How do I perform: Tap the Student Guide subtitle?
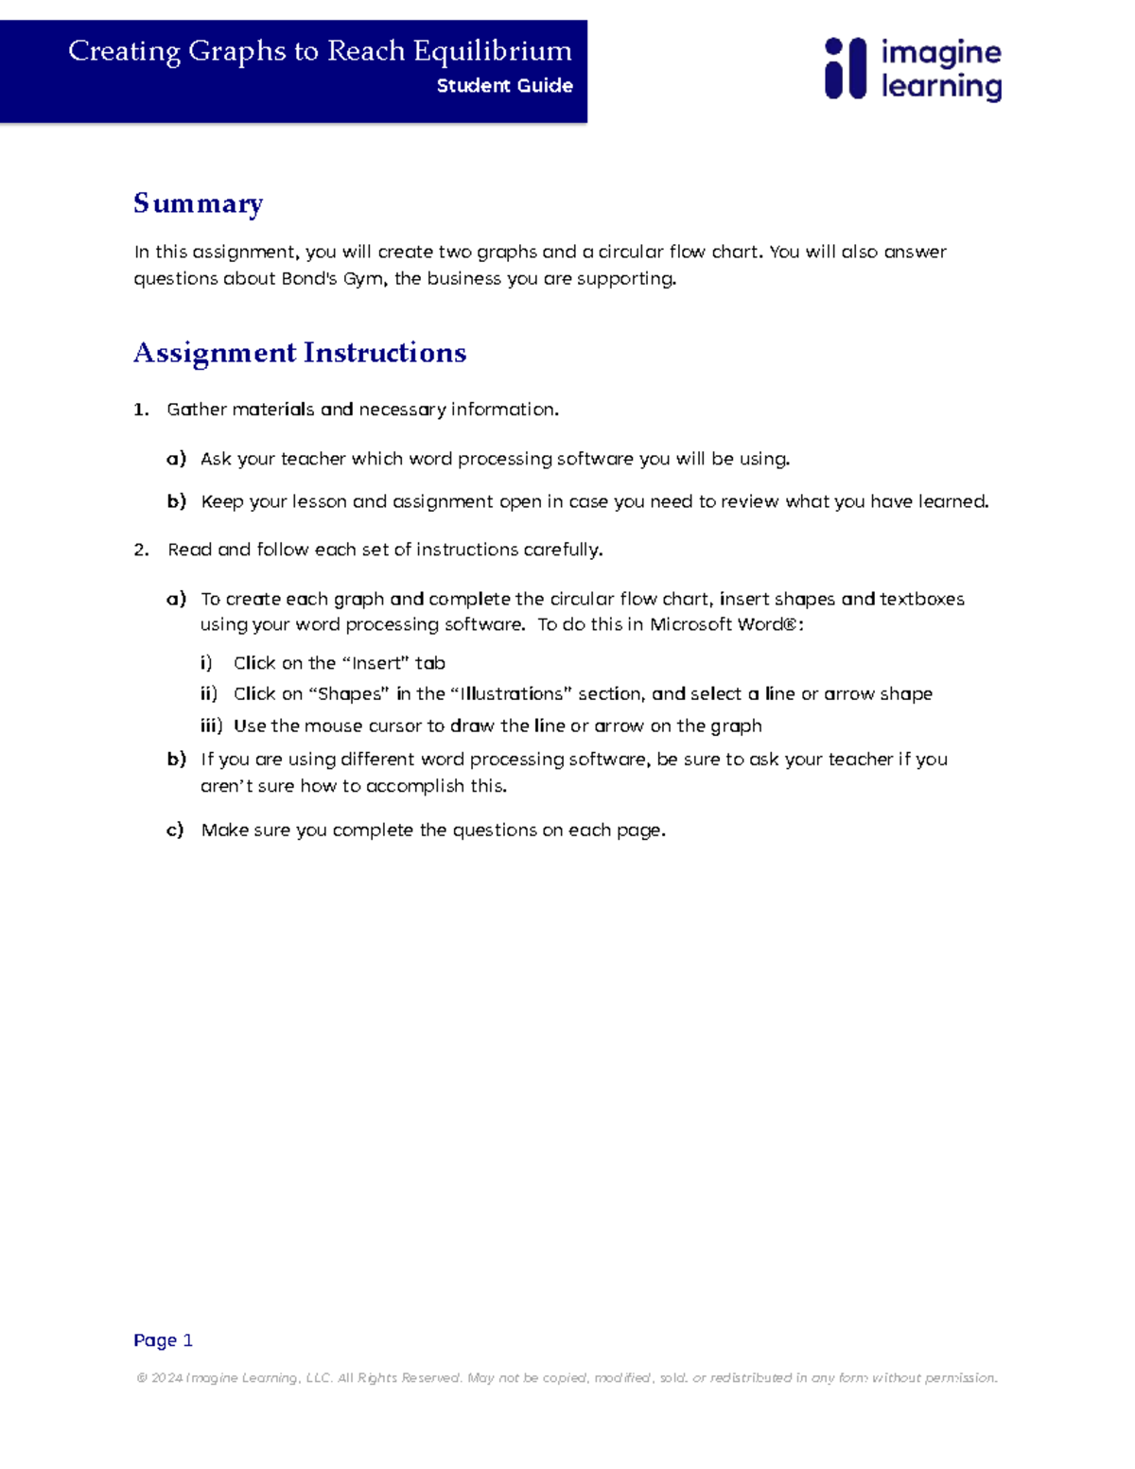[x=504, y=86]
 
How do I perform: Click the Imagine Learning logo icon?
[x=845, y=69]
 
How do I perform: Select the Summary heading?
[x=198, y=203]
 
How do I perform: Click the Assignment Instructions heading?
[x=300, y=353]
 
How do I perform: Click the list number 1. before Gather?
[x=141, y=410]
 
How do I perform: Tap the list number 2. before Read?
[x=141, y=550]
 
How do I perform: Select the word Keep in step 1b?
[x=222, y=501]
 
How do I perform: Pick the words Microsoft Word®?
[x=724, y=624]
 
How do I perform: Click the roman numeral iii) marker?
[x=211, y=726]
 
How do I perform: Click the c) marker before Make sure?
[x=175, y=831]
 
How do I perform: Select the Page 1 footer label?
[x=163, y=1340]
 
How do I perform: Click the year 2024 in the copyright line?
[x=166, y=1378]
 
